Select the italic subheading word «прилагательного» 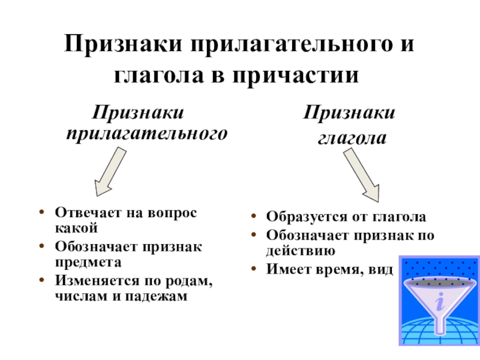[x=147, y=133]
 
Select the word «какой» [x=76, y=227]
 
